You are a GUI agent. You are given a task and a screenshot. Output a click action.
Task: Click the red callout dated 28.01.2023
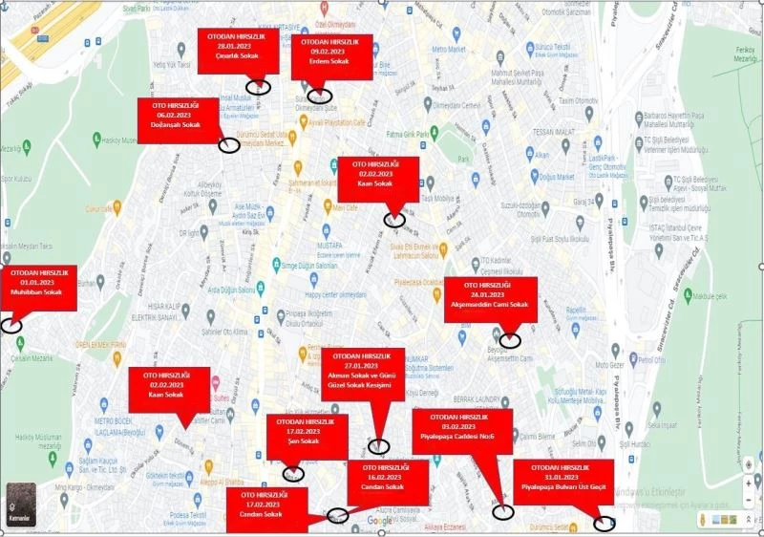pos(239,51)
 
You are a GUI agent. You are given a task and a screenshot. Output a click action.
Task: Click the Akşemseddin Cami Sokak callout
pos(489,298)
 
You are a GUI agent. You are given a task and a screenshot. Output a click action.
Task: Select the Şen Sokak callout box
pos(307,437)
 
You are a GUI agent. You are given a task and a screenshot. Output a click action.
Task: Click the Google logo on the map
pos(380,521)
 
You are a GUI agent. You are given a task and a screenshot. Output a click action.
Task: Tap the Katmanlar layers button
pos(20,503)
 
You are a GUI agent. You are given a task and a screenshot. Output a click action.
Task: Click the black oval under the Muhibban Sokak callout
pos(11,325)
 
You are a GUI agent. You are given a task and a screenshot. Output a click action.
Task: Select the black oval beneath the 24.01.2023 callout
pos(511,339)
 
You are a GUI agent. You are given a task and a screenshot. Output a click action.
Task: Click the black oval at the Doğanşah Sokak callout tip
pos(229,145)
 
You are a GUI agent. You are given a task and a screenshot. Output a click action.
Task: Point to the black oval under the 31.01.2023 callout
pos(605,523)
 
